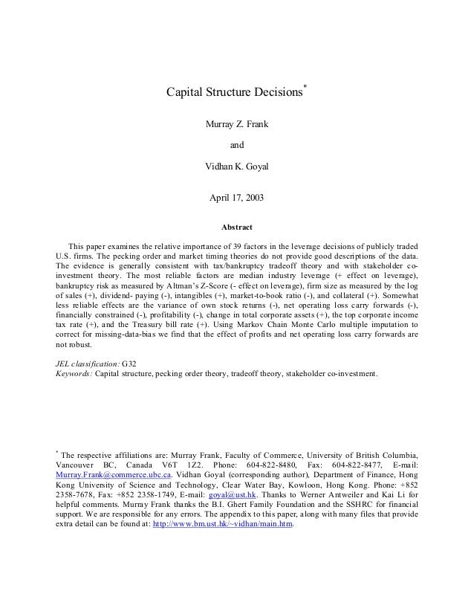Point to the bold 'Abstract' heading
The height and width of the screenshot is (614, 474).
[236, 227]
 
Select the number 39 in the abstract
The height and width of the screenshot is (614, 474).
[232, 246]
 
